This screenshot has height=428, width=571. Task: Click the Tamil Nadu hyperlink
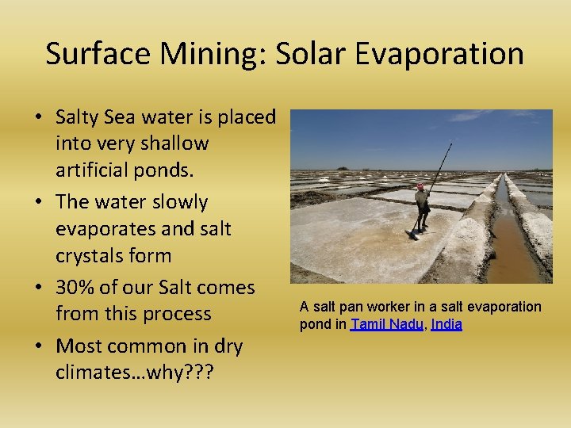[x=387, y=324]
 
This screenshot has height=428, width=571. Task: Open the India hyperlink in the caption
[x=446, y=324]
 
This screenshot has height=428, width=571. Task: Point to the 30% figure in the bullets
[x=77, y=287]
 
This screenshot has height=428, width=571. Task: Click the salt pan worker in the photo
[x=422, y=208]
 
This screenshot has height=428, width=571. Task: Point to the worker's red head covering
[x=420, y=188]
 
